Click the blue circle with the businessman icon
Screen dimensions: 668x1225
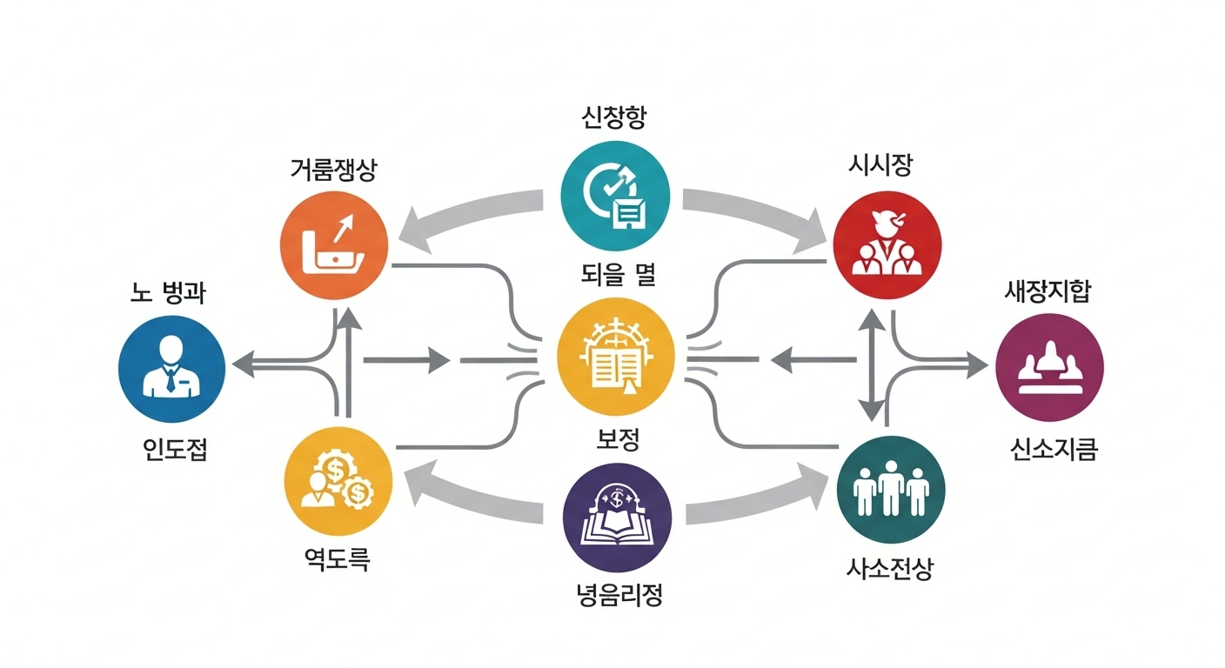coord(171,369)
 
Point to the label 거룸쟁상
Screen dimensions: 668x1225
coord(333,170)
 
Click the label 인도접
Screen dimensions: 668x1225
coord(175,450)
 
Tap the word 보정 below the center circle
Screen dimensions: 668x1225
coord(617,439)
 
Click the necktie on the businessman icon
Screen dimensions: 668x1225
coord(172,378)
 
